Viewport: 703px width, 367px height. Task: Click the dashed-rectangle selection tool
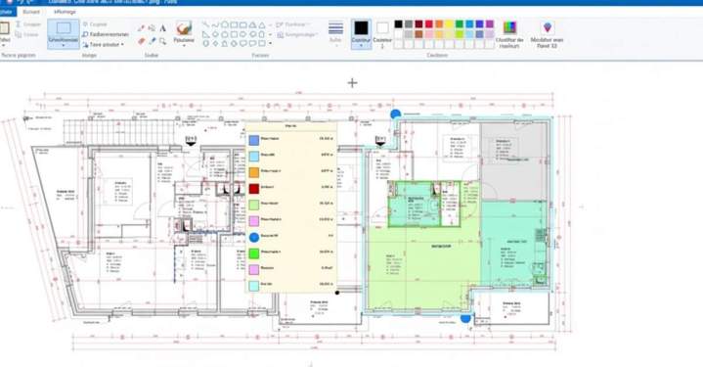click(64, 29)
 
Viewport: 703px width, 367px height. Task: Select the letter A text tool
click(162, 28)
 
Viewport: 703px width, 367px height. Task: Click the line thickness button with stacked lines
click(335, 28)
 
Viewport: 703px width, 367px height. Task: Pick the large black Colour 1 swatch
click(360, 28)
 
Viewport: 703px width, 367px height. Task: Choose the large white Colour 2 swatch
click(382, 28)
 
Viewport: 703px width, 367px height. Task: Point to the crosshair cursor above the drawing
click(352, 83)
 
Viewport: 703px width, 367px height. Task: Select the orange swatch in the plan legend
click(253, 171)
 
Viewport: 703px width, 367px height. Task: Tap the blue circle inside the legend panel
click(253, 237)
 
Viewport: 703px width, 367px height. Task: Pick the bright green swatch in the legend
click(253, 252)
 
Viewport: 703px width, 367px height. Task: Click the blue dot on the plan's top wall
click(395, 115)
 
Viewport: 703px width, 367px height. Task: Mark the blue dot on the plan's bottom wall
click(465, 316)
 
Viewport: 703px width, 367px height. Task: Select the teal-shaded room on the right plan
click(514, 245)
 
